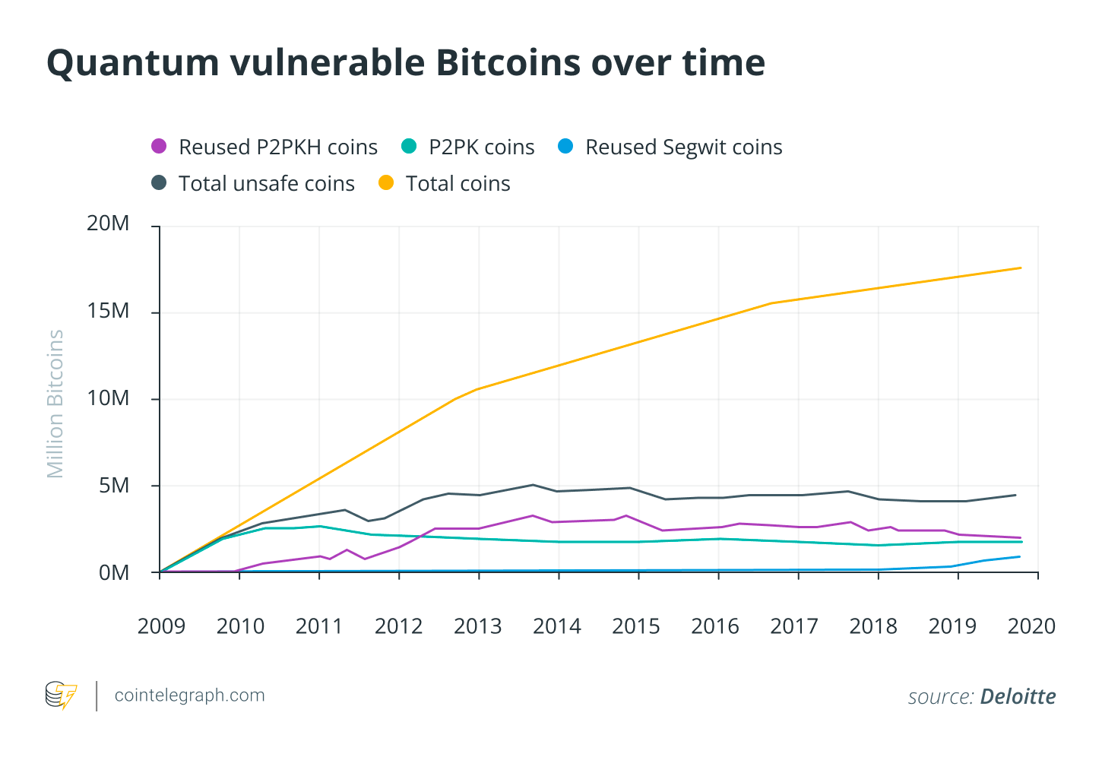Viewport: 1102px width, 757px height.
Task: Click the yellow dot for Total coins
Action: click(x=386, y=183)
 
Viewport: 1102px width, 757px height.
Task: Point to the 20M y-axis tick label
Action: click(x=108, y=223)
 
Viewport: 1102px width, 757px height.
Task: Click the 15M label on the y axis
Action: click(x=108, y=311)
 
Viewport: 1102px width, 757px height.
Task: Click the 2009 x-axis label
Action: click(x=161, y=626)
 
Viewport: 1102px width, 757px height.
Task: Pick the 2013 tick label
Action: click(x=477, y=626)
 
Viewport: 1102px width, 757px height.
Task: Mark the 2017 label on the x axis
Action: click(x=793, y=626)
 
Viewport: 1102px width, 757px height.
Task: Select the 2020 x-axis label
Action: click(x=1031, y=626)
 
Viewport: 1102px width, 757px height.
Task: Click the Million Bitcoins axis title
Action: click(x=55, y=404)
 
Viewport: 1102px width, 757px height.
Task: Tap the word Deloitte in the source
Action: click(x=1018, y=696)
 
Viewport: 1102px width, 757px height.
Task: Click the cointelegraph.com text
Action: click(x=189, y=695)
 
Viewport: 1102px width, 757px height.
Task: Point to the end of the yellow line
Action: click(x=1020, y=268)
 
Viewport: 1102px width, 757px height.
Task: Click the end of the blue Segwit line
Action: click(x=1019, y=556)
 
